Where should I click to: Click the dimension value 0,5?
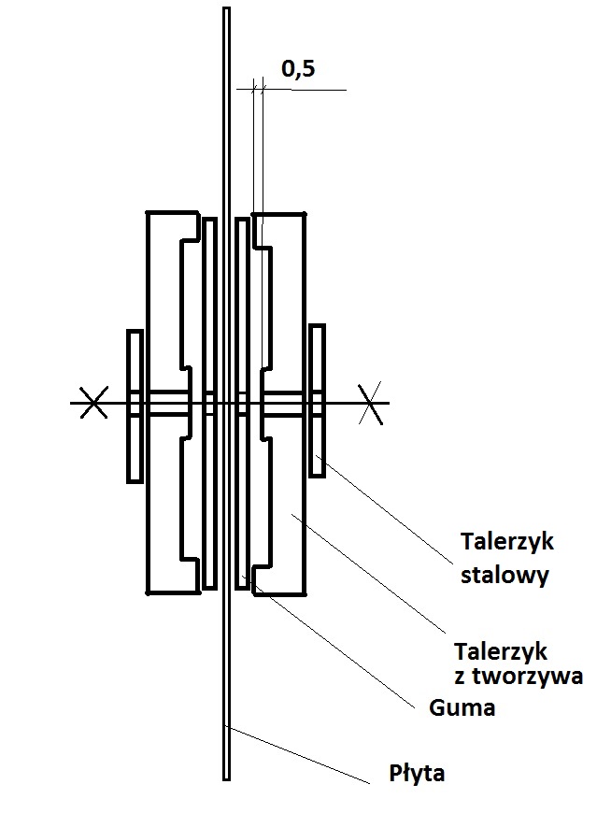[297, 68]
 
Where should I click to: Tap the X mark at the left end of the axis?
[92, 403]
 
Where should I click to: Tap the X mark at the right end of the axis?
[371, 403]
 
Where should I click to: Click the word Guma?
[462, 708]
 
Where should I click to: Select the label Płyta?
[418, 775]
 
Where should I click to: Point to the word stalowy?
[505, 575]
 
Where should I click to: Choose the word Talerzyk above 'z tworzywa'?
[500, 650]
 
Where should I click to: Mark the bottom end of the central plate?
[226, 776]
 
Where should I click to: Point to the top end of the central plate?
[226, 12]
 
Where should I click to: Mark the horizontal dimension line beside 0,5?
[308, 90]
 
